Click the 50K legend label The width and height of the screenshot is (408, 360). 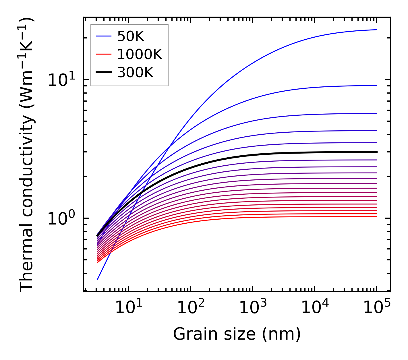131,36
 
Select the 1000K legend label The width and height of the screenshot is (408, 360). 140,54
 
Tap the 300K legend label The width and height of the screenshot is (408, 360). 135,73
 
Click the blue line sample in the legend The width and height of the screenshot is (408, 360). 104,36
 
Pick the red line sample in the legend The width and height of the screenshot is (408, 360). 104,54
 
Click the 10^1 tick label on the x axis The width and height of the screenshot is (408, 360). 128,308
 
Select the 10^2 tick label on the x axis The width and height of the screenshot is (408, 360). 191,308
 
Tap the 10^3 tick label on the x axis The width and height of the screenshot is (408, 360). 253,308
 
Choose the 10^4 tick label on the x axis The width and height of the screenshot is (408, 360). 315,308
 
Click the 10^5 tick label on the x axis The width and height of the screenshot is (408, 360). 377,308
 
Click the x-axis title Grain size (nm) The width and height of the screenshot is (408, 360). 237,334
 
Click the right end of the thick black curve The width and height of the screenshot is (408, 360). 376,152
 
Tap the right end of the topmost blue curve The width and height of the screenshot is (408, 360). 376,30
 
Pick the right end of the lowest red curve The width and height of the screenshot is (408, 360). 376,216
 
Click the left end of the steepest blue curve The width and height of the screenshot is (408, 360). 98,279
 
